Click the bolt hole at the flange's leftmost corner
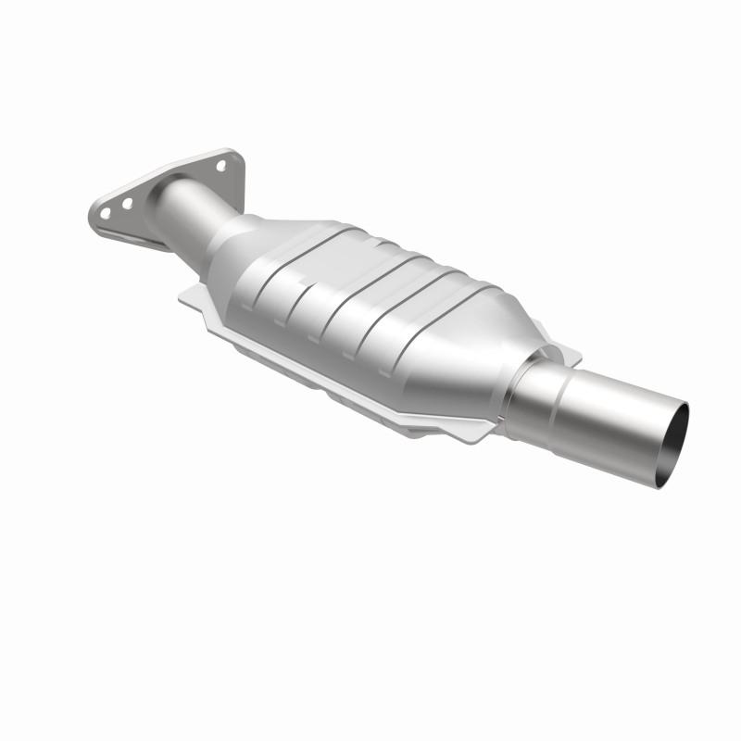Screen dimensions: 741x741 point(106,212)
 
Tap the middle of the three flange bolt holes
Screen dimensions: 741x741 point(129,197)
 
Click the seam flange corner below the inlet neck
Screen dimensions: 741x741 point(184,295)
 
